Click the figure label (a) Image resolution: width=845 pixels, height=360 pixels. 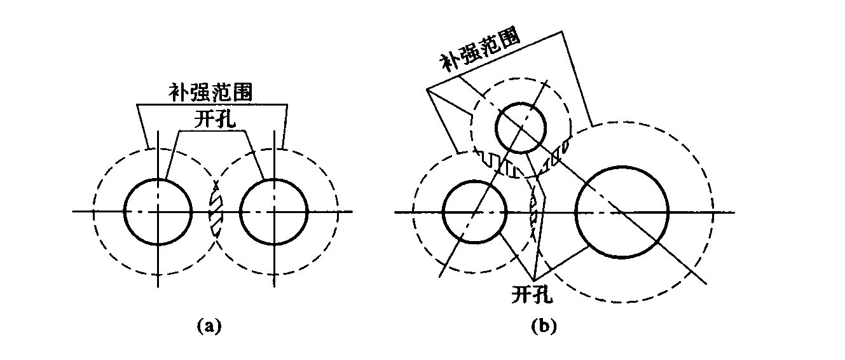pos(209,326)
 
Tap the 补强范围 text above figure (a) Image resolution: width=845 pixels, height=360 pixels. pos(210,93)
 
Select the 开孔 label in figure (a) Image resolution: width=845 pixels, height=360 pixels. pos(215,120)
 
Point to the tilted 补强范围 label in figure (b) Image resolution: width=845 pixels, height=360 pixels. pos(481,51)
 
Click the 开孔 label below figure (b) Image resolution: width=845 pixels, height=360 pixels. pos(532,294)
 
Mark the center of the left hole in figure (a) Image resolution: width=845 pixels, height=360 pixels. pos(158,212)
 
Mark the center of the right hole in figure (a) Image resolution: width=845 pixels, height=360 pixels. pos(274,212)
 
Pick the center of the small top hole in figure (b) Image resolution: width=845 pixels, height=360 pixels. pos(521,128)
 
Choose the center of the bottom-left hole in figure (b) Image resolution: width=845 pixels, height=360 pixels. pos(474,212)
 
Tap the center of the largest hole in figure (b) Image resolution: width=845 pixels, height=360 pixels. pos(622,212)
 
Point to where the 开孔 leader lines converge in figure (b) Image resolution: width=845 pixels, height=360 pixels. pos(533,280)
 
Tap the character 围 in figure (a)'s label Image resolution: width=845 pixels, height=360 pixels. pos(242,93)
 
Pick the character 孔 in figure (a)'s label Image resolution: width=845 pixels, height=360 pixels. pos(225,120)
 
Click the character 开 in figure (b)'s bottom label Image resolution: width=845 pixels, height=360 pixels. pos(522,294)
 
